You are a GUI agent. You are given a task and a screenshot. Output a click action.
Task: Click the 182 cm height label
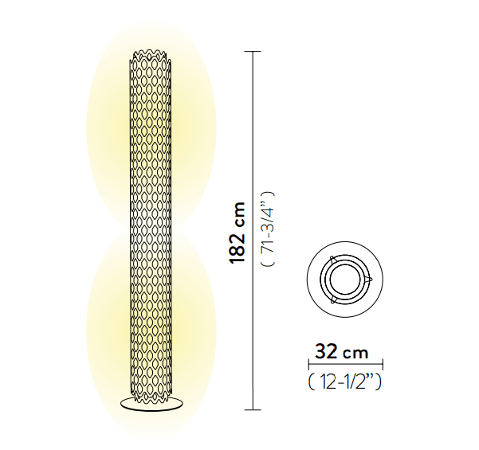[x=237, y=233]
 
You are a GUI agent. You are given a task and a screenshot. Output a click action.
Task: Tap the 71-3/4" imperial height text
[x=269, y=229]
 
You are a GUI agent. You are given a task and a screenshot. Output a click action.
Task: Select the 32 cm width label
[x=342, y=351]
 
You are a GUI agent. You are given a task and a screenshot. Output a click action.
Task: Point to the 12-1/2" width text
[x=345, y=382]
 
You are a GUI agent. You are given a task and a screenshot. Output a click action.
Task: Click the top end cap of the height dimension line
[x=253, y=52]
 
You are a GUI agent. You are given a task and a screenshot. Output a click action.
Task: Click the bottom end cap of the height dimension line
[x=253, y=409]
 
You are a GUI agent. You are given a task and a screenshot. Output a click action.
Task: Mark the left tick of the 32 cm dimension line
[x=309, y=364]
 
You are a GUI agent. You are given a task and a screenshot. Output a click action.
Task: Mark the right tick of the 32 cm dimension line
[x=383, y=364]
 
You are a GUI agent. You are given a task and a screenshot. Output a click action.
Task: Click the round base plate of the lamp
[x=150, y=404]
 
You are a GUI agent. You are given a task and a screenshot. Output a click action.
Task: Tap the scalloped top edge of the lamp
[x=150, y=55]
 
